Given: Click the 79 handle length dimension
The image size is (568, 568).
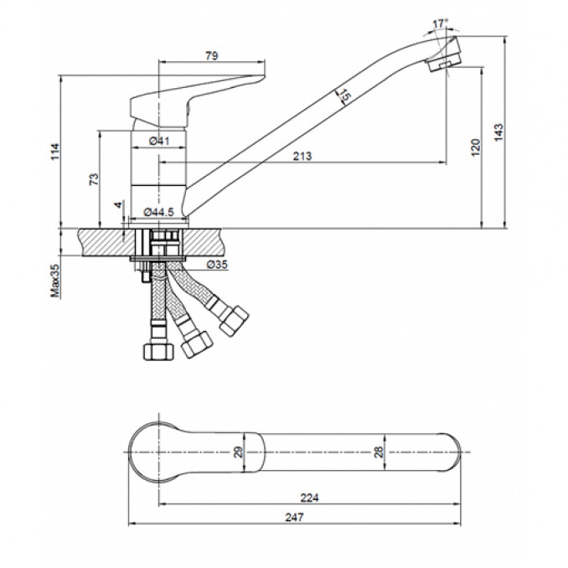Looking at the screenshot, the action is [212, 56].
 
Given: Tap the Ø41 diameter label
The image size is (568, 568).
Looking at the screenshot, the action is [159, 141].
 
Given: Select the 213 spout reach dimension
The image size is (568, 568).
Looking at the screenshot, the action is [302, 156].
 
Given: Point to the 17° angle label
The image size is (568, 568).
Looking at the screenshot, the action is [440, 24].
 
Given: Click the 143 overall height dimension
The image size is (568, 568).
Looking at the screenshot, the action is [498, 132].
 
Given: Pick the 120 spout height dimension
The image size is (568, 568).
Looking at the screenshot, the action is [476, 147].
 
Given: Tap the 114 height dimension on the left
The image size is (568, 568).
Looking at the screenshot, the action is [54, 152].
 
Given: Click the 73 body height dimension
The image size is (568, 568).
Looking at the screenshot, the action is [94, 179].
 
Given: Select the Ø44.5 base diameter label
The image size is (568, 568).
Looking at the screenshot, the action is [158, 212].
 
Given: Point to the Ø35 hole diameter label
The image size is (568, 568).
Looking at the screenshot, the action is [217, 265].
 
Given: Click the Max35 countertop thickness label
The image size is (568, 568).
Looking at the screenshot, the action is [55, 281].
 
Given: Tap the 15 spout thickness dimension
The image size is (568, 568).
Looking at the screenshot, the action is [344, 96].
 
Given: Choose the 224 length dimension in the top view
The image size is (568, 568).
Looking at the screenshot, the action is [309, 498].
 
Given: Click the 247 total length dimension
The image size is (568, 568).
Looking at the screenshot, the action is [294, 517].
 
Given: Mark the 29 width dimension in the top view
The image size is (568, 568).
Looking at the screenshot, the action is [238, 452].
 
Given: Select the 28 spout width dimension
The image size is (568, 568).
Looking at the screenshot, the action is [378, 452].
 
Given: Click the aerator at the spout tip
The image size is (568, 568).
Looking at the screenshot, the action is [444, 59].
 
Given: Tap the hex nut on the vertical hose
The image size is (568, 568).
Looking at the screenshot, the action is [158, 351].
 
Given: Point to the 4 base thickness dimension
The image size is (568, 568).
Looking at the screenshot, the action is [118, 205].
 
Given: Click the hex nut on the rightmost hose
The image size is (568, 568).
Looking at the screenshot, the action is [234, 321].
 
